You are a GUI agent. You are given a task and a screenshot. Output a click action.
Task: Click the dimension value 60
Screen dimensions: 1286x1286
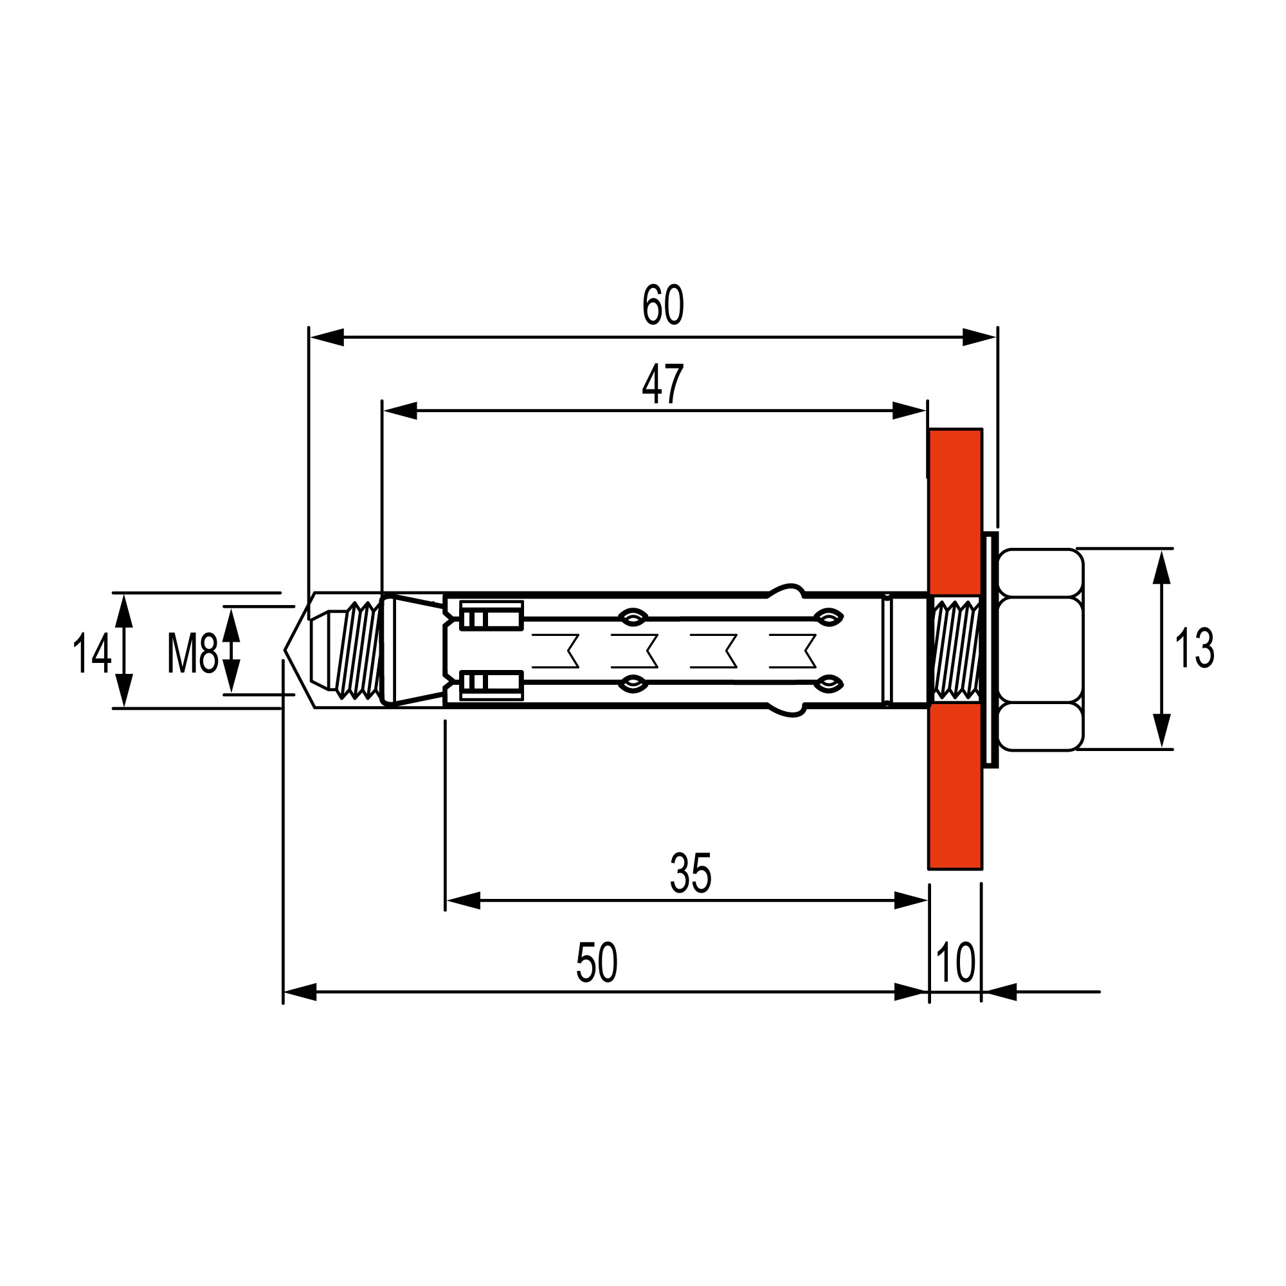(662, 305)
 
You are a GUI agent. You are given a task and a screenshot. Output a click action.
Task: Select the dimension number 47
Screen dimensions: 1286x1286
(662, 385)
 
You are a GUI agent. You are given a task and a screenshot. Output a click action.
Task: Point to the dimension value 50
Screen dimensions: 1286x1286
(597, 963)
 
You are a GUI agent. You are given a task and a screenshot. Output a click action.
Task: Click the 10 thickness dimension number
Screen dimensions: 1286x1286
(955, 963)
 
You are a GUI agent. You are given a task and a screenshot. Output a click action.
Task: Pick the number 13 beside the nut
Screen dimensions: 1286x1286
(1194, 649)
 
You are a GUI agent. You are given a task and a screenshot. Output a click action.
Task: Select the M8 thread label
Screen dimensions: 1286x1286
(192, 654)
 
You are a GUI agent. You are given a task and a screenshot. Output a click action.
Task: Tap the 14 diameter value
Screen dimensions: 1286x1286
(91, 654)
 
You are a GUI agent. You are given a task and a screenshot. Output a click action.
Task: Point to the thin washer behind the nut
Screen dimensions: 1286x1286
(990, 649)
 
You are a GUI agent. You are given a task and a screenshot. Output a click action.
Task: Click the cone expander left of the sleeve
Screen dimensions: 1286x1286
(413, 650)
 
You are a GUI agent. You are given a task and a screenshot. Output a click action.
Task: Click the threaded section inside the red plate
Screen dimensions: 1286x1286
(956, 649)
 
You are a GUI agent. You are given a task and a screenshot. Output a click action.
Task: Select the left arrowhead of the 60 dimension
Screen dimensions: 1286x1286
(326, 338)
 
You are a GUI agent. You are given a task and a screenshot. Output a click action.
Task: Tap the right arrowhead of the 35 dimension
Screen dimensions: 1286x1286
(910, 901)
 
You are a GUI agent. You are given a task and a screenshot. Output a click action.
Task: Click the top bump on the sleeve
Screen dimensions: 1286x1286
(788, 590)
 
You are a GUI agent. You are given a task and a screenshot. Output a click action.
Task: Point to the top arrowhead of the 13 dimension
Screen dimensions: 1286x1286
(1161, 566)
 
